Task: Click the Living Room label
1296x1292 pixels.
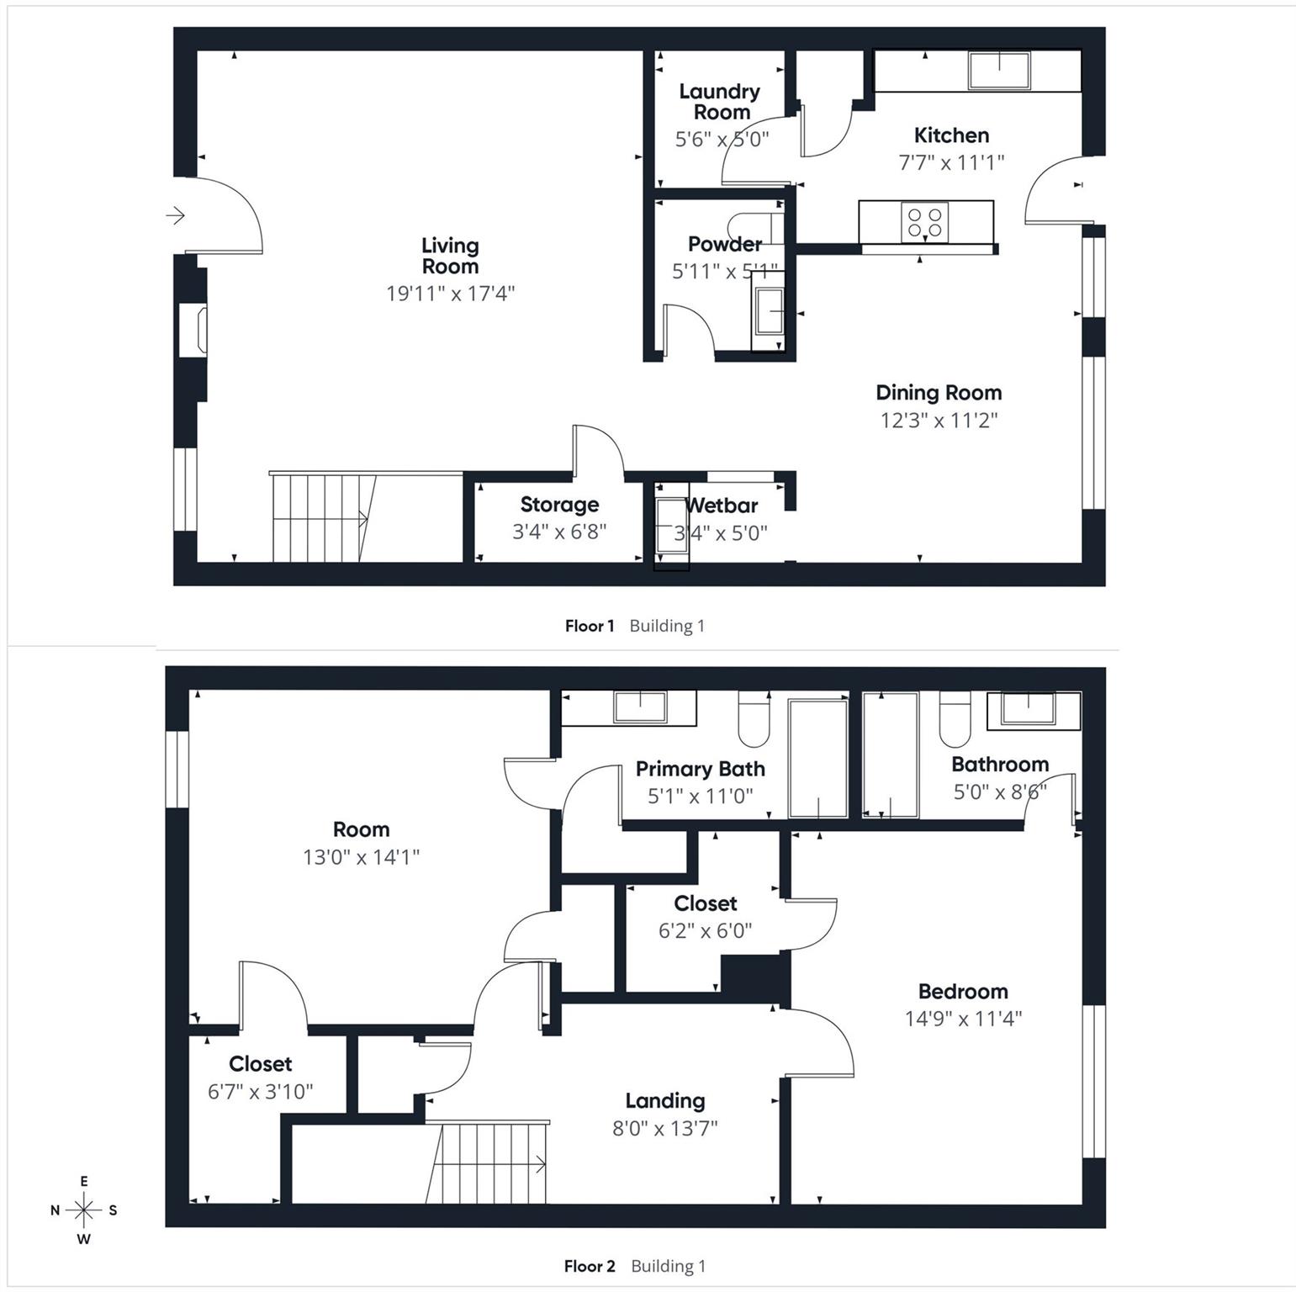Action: coord(450,256)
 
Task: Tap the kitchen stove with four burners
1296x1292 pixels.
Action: coord(924,222)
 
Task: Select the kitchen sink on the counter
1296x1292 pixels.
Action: coord(999,70)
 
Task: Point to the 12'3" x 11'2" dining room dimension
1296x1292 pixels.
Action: coord(939,420)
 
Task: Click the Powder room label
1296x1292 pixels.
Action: coord(724,244)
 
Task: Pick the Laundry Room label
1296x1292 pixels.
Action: coord(720,102)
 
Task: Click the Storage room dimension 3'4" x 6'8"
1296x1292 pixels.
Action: coord(559,532)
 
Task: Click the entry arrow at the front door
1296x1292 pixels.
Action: coord(175,216)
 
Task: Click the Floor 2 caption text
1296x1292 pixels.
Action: coord(590,1266)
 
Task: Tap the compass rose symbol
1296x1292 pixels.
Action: coord(84,1210)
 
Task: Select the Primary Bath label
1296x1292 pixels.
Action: coord(700,769)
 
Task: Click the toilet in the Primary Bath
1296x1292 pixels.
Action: coord(754,721)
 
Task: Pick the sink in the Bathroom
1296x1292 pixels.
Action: coord(1028,708)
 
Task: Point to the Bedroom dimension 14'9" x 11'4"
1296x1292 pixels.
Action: coord(963,1019)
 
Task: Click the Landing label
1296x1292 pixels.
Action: coord(664,1101)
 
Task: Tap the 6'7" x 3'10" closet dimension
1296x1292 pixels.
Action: coord(260,1091)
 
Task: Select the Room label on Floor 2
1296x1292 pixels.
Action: coord(361,829)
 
